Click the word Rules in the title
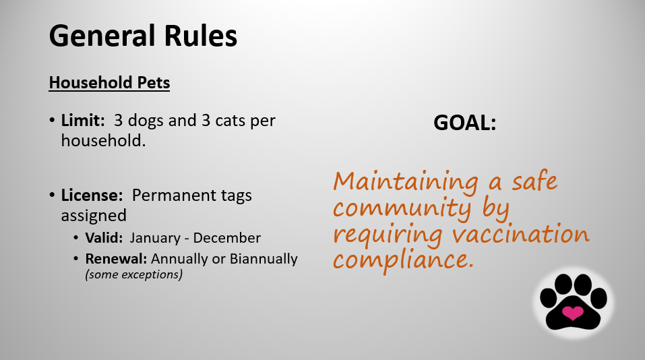tap(201, 35)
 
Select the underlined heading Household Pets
tap(109, 83)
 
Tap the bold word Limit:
tap(83, 120)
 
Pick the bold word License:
tap(92, 195)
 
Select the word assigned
tap(94, 216)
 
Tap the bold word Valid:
tap(104, 238)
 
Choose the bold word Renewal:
tap(116, 259)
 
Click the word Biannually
tap(264, 260)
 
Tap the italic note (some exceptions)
tap(133, 274)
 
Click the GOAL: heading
tap(465, 123)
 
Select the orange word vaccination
tap(521, 234)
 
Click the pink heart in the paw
tap(573, 313)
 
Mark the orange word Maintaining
tap(406, 182)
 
